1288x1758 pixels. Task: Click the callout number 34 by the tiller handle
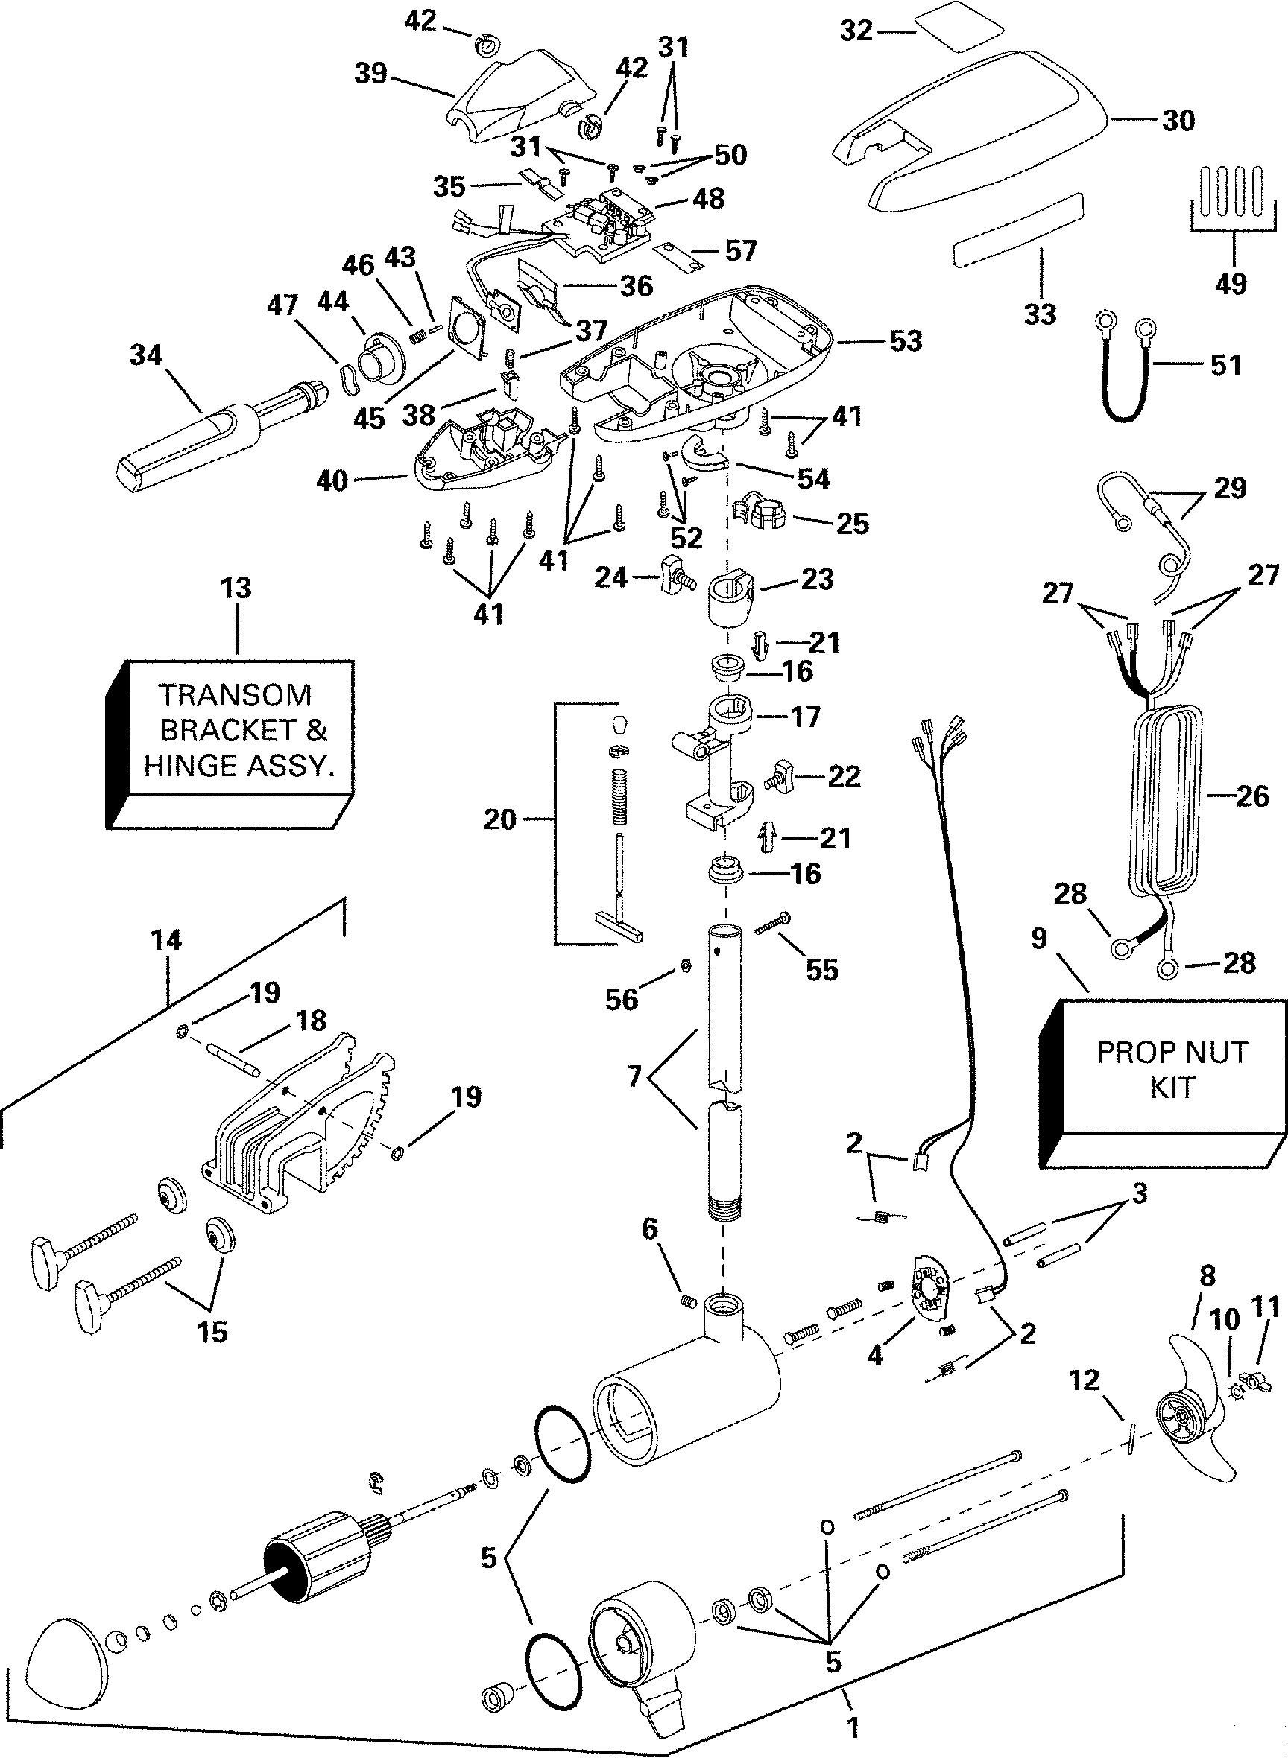146,356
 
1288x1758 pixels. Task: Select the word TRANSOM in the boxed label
235,694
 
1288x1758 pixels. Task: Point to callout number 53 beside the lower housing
905,341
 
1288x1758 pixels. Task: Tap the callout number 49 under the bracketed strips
1231,284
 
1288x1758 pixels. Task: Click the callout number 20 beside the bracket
499,819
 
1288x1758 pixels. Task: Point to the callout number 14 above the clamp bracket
166,941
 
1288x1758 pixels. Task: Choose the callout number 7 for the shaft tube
634,1076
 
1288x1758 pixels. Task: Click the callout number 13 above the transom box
236,588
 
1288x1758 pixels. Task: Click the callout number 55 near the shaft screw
821,969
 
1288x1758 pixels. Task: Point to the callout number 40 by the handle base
332,480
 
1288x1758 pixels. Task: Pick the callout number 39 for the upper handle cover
370,73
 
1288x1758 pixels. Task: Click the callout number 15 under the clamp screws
212,1332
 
